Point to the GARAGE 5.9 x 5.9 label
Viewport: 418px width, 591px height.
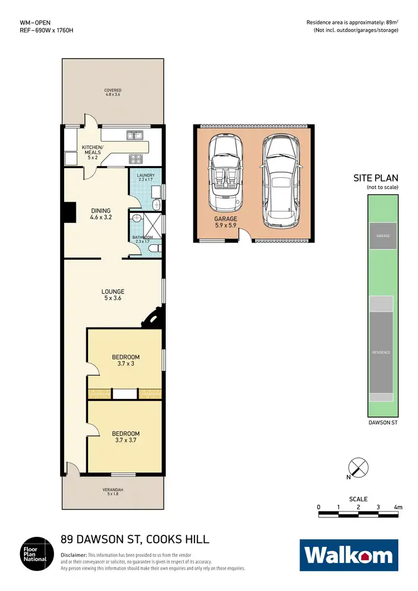226,223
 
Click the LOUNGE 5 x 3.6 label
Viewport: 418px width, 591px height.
113,295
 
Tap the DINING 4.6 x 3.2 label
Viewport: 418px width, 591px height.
101,214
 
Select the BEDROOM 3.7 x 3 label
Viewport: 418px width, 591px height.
125,360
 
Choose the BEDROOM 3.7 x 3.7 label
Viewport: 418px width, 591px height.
125,436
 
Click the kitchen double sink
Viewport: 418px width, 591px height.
134,135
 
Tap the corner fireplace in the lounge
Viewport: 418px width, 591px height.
152,319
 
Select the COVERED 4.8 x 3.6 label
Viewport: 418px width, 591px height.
113,92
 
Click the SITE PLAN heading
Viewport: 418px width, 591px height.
376,178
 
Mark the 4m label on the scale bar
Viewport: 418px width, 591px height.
397,507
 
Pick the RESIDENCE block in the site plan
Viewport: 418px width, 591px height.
382,352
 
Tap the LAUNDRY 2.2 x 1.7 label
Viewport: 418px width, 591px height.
145,178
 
